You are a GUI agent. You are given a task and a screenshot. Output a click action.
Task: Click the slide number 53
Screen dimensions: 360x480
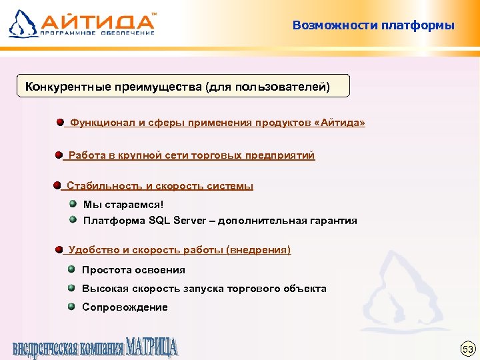467,349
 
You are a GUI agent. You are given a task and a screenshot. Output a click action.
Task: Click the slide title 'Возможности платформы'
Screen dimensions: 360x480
373,26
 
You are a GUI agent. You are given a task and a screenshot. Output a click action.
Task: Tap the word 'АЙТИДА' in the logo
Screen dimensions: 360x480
100,21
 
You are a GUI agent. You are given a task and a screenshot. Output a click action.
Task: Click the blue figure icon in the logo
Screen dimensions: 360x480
23,23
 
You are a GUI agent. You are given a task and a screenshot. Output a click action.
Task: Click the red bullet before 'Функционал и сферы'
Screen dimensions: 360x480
60,123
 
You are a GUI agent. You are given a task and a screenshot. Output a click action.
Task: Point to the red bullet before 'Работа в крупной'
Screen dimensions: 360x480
59,155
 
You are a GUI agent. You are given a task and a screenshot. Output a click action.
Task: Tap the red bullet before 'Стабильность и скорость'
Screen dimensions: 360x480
57,185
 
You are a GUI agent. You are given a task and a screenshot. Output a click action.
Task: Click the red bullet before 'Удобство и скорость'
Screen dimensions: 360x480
59,249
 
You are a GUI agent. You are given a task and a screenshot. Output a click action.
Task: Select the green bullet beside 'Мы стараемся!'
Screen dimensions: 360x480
73,204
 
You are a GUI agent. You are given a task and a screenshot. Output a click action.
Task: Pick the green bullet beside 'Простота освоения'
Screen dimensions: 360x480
71,269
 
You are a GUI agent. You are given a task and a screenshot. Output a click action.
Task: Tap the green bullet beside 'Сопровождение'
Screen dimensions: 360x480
71,307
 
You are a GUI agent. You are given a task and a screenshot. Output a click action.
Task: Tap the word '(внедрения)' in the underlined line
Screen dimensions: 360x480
258,250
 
